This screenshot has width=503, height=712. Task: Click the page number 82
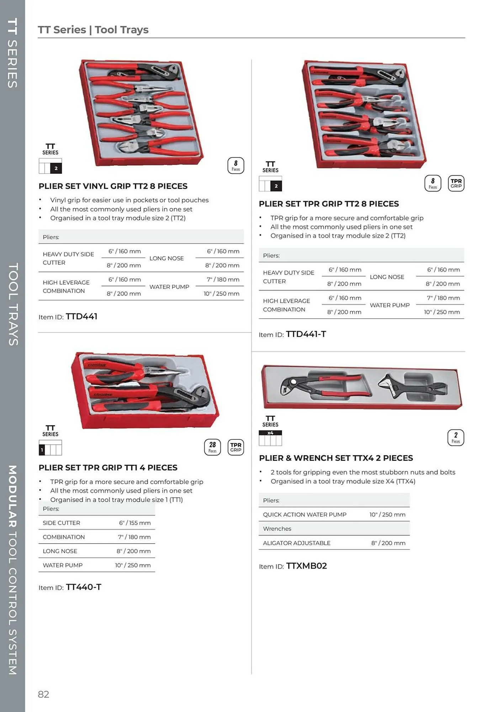point(43,694)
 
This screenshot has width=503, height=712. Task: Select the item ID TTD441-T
point(306,334)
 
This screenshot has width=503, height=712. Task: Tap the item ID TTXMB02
point(306,566)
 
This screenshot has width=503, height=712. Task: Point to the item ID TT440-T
point(83,587)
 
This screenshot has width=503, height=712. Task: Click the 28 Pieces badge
point(212,447)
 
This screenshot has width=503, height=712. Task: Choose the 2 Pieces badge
point(455,438)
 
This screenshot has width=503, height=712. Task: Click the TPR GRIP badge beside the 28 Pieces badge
point(235,447)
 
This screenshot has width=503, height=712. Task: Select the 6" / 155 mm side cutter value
point(134,523)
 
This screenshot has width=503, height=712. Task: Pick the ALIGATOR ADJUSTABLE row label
point(296,543)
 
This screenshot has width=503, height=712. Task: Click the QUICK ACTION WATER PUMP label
point(305,514)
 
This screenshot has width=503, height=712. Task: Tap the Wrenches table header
point(277,529)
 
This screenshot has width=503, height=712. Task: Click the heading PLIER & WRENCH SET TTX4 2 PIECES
point(336,458)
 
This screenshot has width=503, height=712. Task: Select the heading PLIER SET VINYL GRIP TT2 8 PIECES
point(113,186)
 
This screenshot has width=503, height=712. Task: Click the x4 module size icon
point(270,438)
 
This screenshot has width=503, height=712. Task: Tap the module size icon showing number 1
point(50,448)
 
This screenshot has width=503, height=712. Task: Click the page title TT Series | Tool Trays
point(93,30)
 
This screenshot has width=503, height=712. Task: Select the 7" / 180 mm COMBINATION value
point(134,537)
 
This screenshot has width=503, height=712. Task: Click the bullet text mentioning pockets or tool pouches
point(129,200)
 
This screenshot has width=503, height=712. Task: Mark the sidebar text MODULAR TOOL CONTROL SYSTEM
point(12,570)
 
